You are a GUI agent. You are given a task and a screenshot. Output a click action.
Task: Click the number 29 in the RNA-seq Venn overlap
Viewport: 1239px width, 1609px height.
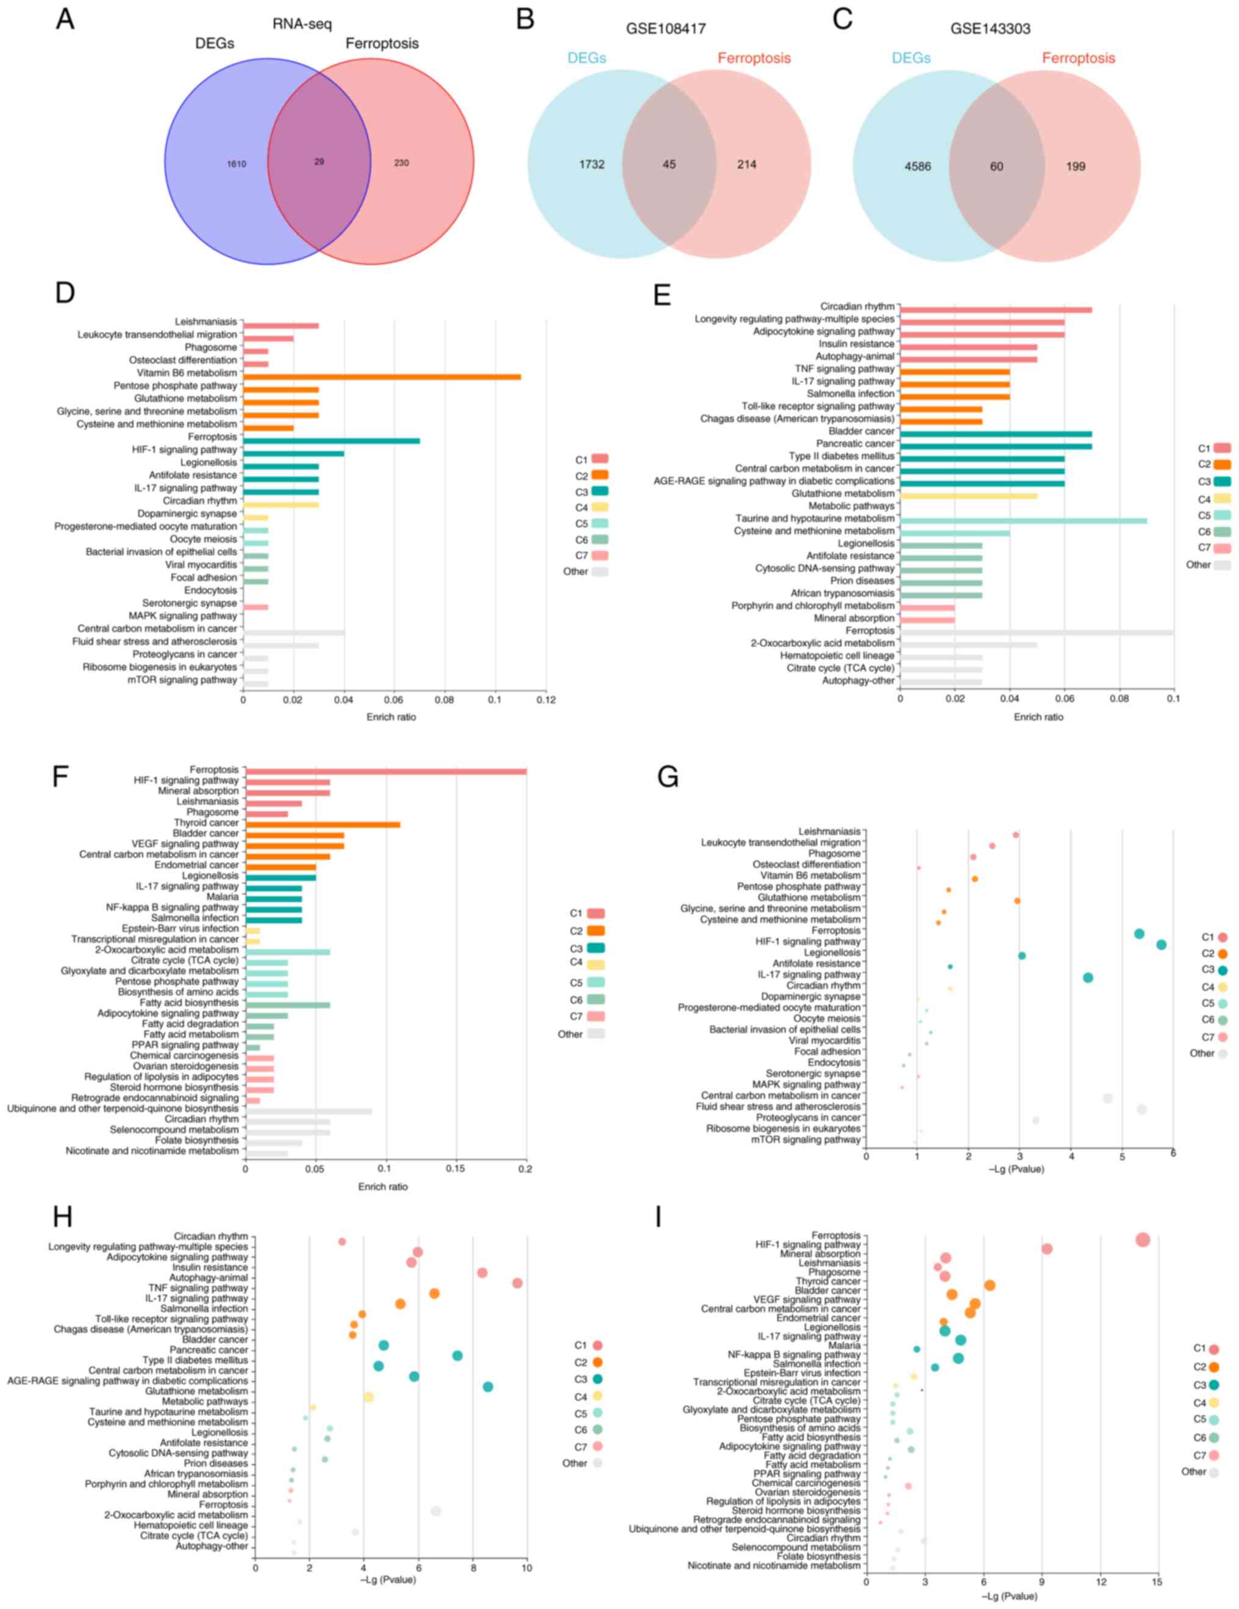(x=319, y=162)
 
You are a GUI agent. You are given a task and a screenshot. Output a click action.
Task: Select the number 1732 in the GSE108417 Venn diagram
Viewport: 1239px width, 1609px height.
(x=591, y=164)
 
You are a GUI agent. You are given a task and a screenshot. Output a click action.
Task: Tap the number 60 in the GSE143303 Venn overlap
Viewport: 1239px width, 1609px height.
(x=996, y=166)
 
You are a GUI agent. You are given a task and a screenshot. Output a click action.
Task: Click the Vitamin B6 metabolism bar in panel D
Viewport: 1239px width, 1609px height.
(x=382, y=376)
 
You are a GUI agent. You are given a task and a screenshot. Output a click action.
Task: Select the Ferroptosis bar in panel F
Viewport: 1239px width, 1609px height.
(x=386, y=771)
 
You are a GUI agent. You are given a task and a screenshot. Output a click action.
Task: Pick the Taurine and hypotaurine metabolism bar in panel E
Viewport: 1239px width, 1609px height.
(x=1023, y=520)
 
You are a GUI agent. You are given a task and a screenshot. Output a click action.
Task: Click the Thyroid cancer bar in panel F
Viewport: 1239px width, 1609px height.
(x=323, y=824)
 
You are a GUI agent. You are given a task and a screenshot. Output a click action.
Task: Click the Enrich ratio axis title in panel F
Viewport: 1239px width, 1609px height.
(x=382, y=1186)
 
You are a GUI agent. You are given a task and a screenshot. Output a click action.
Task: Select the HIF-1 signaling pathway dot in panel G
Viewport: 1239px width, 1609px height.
(x=1161, y=944)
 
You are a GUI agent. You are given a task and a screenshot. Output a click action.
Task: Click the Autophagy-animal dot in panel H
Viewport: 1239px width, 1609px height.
(x=517, y=1283)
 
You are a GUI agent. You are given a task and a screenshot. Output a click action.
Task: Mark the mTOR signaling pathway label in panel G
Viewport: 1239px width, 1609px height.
(x=805, y=1140)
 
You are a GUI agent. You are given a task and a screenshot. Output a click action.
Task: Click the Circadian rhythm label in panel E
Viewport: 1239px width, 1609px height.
(x=857, y=307)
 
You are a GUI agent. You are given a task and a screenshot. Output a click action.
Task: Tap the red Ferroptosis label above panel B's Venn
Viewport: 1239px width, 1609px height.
(x=754, y=58)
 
